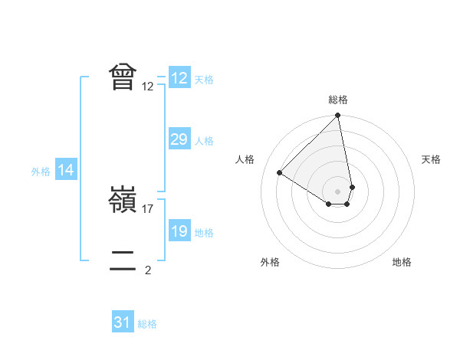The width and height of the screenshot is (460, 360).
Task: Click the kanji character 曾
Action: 123,77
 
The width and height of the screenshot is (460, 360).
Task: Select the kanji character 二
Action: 123,261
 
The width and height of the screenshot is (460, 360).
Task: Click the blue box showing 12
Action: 179,77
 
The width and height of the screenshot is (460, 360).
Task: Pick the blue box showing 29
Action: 179,139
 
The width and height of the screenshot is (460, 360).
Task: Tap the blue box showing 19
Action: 179,231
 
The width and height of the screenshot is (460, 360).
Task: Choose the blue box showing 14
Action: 66,171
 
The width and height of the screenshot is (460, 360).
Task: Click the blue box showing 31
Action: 123,322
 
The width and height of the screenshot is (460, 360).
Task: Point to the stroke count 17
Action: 149,209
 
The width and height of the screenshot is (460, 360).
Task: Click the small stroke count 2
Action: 148,270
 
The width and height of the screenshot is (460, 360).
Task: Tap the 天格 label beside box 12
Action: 204,79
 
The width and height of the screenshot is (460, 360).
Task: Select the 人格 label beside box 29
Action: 204,141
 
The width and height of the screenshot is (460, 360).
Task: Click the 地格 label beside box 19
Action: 204,233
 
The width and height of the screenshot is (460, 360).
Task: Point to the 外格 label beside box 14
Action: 41,172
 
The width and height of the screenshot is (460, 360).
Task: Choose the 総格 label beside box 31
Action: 147,324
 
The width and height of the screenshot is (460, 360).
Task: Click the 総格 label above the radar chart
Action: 338,100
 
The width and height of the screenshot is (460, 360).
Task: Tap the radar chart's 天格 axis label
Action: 431,159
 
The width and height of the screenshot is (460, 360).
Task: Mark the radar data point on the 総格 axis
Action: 338,116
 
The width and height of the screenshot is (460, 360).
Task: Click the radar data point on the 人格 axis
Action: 280,172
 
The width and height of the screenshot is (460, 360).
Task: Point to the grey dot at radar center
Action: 338,191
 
